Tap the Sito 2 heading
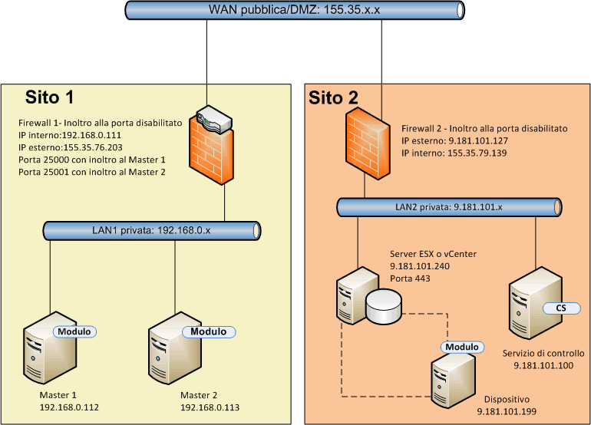[333, 97]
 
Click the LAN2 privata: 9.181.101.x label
[447, 206]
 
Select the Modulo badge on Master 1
[74, 331]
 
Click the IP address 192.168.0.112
[69, 407]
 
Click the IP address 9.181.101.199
[506, 412]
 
